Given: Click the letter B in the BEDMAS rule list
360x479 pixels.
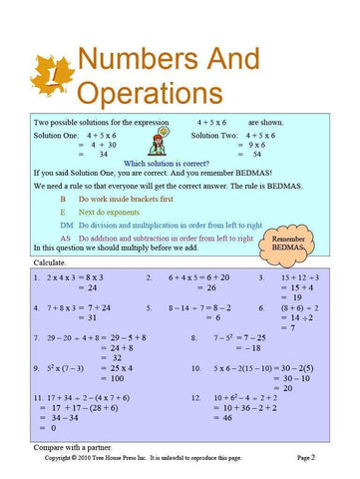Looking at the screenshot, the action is (63, 200).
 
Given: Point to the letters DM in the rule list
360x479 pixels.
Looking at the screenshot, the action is (65, 226).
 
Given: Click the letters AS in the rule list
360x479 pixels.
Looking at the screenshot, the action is (65, 239).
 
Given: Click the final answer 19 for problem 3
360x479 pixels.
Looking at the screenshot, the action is (296, 297).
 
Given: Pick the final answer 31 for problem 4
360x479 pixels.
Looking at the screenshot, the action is (92, 317).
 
